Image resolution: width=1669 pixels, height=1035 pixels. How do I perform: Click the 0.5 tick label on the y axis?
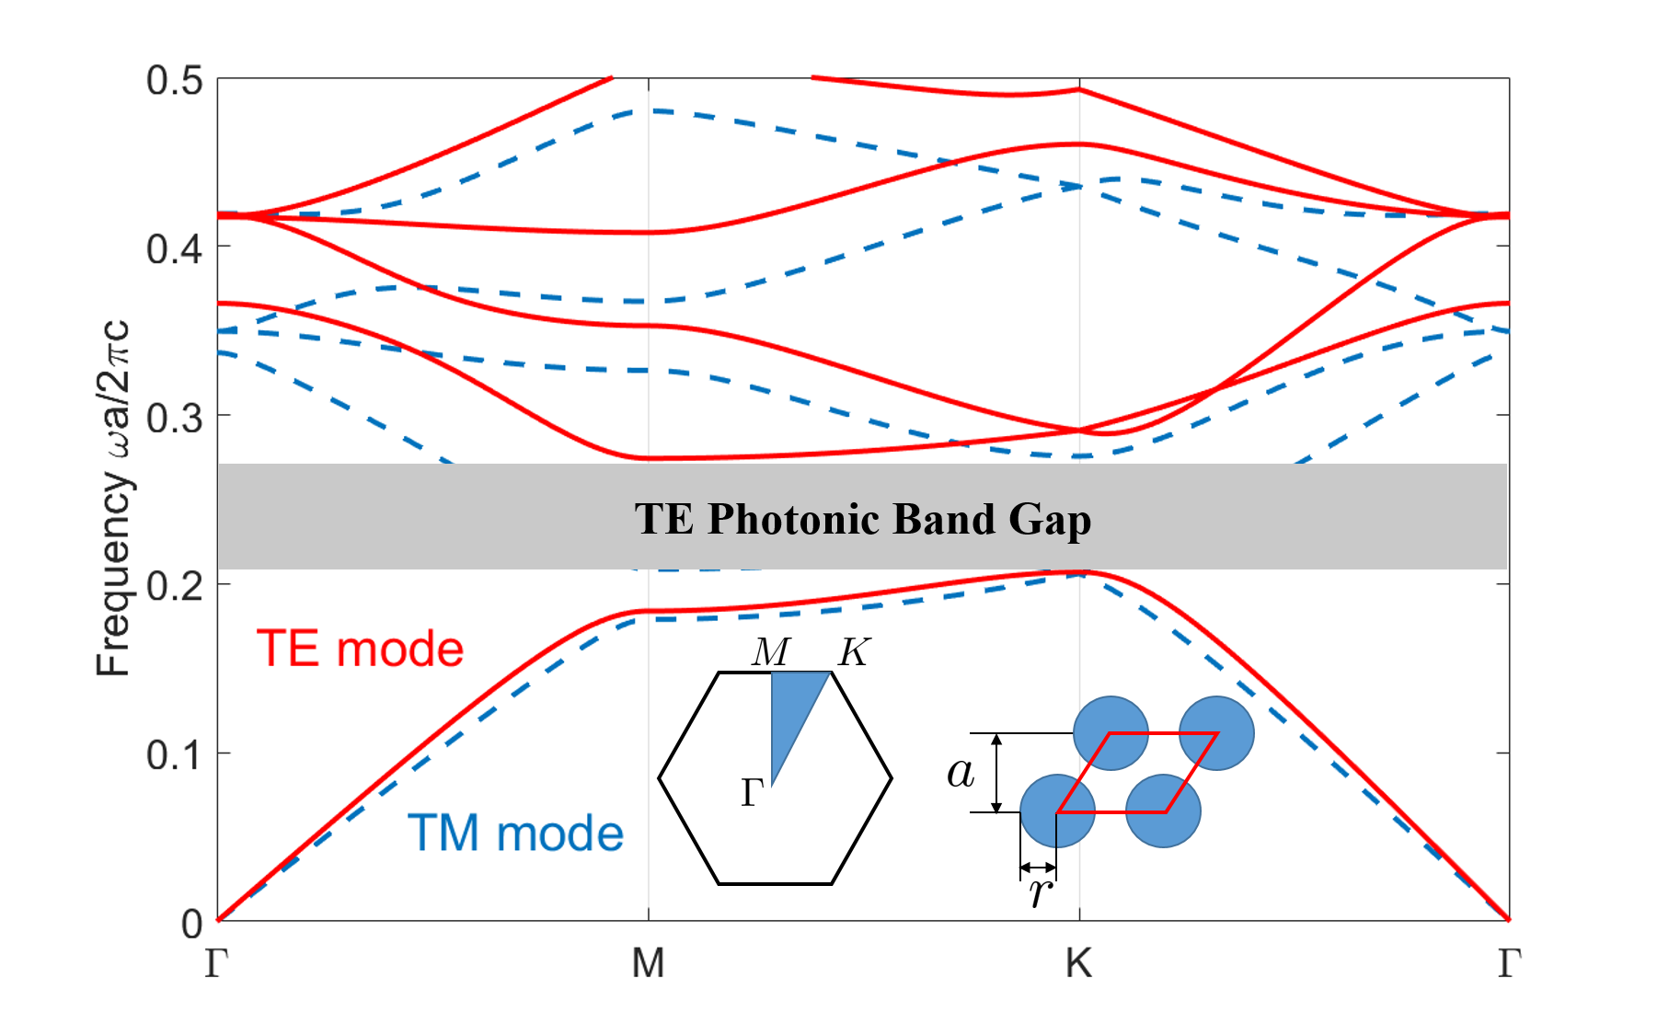point(174,81)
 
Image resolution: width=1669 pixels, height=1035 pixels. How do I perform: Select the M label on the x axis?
point(648,963)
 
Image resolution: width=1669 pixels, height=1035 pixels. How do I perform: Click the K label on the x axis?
point(1078,963)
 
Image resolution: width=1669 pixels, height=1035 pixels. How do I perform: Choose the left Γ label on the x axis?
point(216,963)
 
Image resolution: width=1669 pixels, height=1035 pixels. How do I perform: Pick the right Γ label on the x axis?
point(1509,963)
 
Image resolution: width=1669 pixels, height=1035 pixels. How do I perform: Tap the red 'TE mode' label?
point(360,649)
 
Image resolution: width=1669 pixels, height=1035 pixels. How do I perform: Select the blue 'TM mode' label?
point(515,834)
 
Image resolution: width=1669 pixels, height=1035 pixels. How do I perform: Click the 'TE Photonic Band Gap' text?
point(863,519)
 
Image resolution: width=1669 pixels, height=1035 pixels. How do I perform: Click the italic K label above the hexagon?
point(854,652)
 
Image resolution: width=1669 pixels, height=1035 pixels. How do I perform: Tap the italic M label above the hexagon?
point(770,652)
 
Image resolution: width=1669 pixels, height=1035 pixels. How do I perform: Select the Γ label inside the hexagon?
point(753,792)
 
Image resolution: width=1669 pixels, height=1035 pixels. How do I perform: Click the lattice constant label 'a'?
point(961,772)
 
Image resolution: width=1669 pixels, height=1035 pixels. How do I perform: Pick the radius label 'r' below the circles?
point(1040,891)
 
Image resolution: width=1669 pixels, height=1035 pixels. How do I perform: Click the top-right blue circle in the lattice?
point(1216,733)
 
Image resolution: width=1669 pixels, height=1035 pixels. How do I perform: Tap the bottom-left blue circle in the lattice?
point(1057,811)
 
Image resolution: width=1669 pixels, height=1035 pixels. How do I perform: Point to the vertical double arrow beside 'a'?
point(996,773)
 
